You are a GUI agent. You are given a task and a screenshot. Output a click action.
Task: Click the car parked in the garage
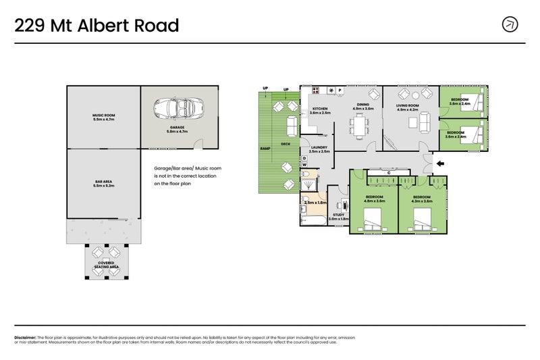coord(173,108)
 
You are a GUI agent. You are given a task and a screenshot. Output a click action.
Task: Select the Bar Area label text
coord(103,180)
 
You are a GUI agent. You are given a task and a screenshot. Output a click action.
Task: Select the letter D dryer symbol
coord(304,158)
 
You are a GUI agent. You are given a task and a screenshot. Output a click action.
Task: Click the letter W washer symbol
coord(304,164)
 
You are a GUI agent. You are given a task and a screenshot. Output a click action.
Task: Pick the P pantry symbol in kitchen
coord(340,90)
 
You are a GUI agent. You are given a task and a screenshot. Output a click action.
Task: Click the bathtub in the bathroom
coord(313,217)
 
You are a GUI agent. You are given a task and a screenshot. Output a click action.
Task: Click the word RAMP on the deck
coord(265,147)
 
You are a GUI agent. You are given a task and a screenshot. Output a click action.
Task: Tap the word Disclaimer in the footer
coord(26,337)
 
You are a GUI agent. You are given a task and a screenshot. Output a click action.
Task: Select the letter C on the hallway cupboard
coord(389,173)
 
